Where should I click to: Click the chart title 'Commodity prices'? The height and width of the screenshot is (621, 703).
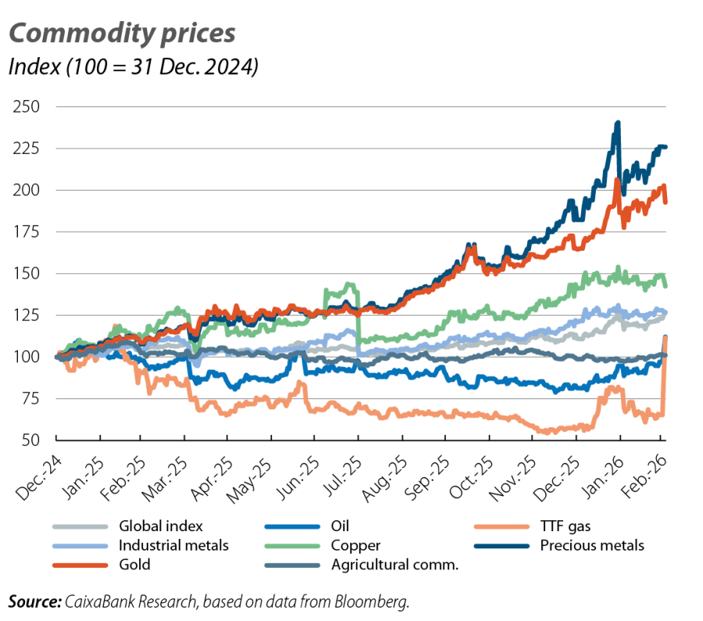[122, 34]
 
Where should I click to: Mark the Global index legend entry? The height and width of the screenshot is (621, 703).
[160, 526]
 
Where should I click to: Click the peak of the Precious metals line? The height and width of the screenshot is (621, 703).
[618, 122]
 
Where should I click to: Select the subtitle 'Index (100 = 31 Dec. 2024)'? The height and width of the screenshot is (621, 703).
[133, 68]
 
